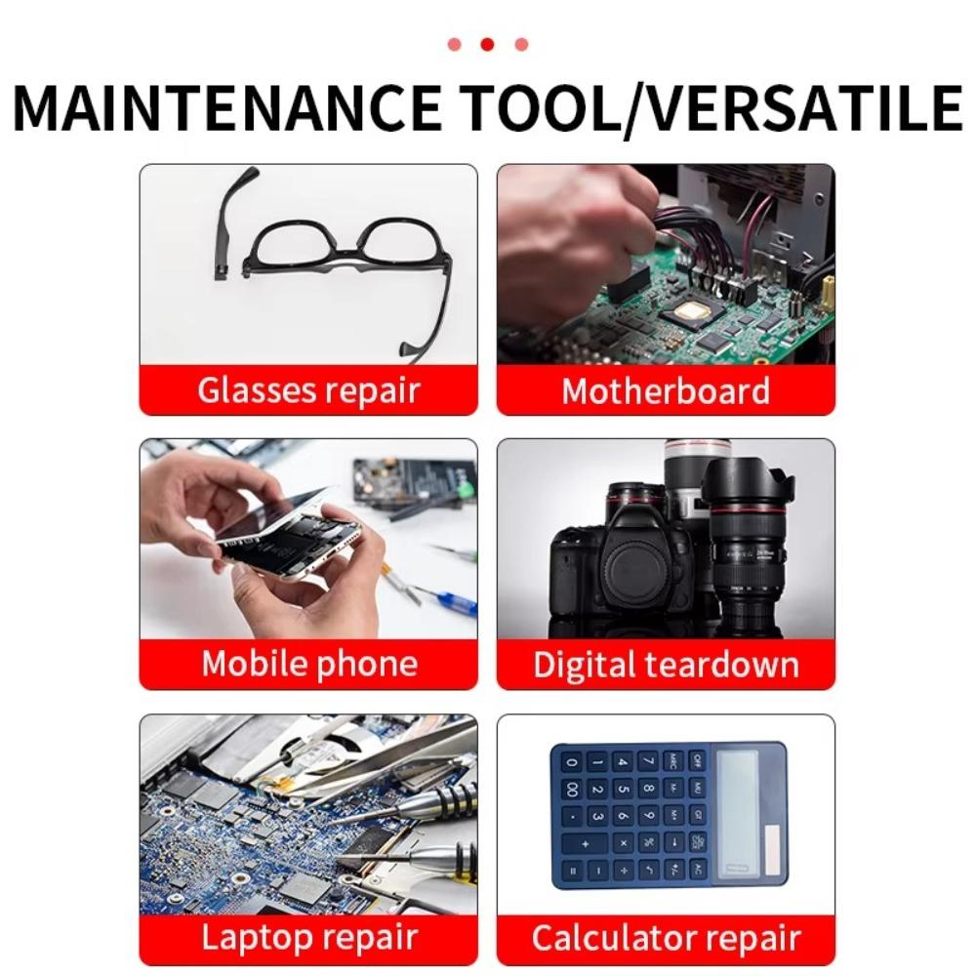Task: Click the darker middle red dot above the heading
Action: click(487, 44)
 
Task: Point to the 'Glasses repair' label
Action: click(308, 390)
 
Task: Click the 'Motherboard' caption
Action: click(666, 390)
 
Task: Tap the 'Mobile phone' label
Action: click(308, 664)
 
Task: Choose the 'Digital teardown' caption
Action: click(666, 665)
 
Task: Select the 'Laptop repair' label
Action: click(308, 937)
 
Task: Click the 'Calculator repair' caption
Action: click(666, 938)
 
